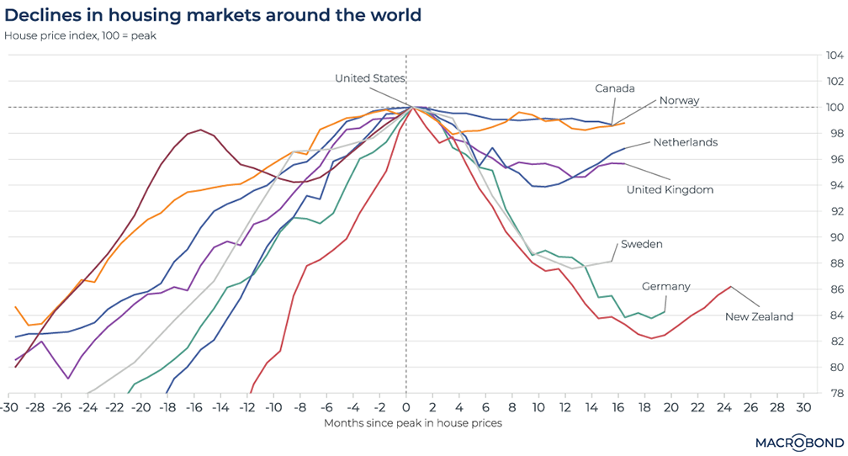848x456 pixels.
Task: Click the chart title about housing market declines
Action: pyautogui.click(x=213, y=15)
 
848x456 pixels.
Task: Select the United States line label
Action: pyautogui.click(x=370, y=78)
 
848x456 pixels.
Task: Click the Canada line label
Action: pyautogui.click(x=614, y=88)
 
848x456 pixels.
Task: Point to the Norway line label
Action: pyautogui.click(x=679, y=101)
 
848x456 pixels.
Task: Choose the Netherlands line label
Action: pyautogui.click(x=686, y=142)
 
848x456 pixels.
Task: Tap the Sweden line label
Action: pyautogui.click(x=642, y=244)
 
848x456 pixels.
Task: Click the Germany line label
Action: pyautogui.click(x=665, y=286)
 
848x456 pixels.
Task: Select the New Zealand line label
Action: pyautogui.click(x=759, y=316)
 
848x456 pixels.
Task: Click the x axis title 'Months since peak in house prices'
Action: pyautogui.click(x=412, y=422)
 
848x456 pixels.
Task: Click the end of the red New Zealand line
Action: pyautogui.click(x=730, y=287)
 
